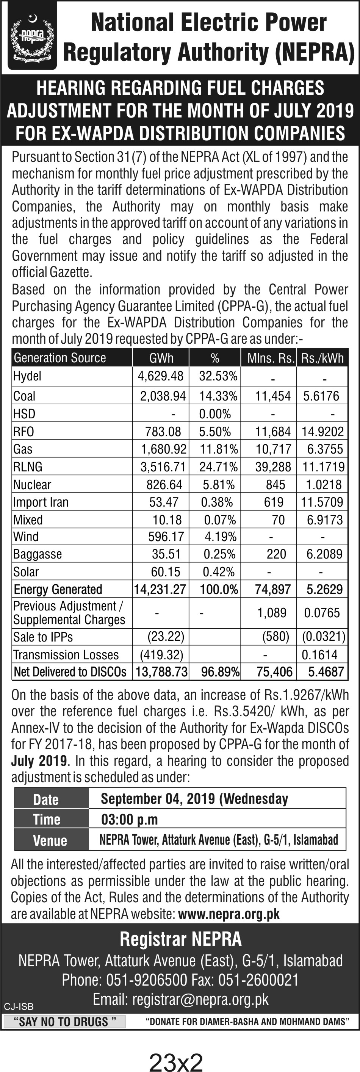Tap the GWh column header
coord(161,358)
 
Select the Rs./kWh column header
coord(322,358)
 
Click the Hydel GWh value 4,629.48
coord(161,376)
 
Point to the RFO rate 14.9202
coord(322,432)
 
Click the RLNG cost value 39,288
coord(273,466)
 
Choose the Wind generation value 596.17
coord(166,537)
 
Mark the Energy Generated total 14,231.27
coord(160,589)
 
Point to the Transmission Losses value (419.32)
coord(161,654)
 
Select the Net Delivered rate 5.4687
coord(326,672)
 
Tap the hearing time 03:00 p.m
coord(130,819)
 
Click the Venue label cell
coord(50,840)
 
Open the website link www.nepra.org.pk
coord(229,914)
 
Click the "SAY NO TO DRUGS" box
coord(64,1021)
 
